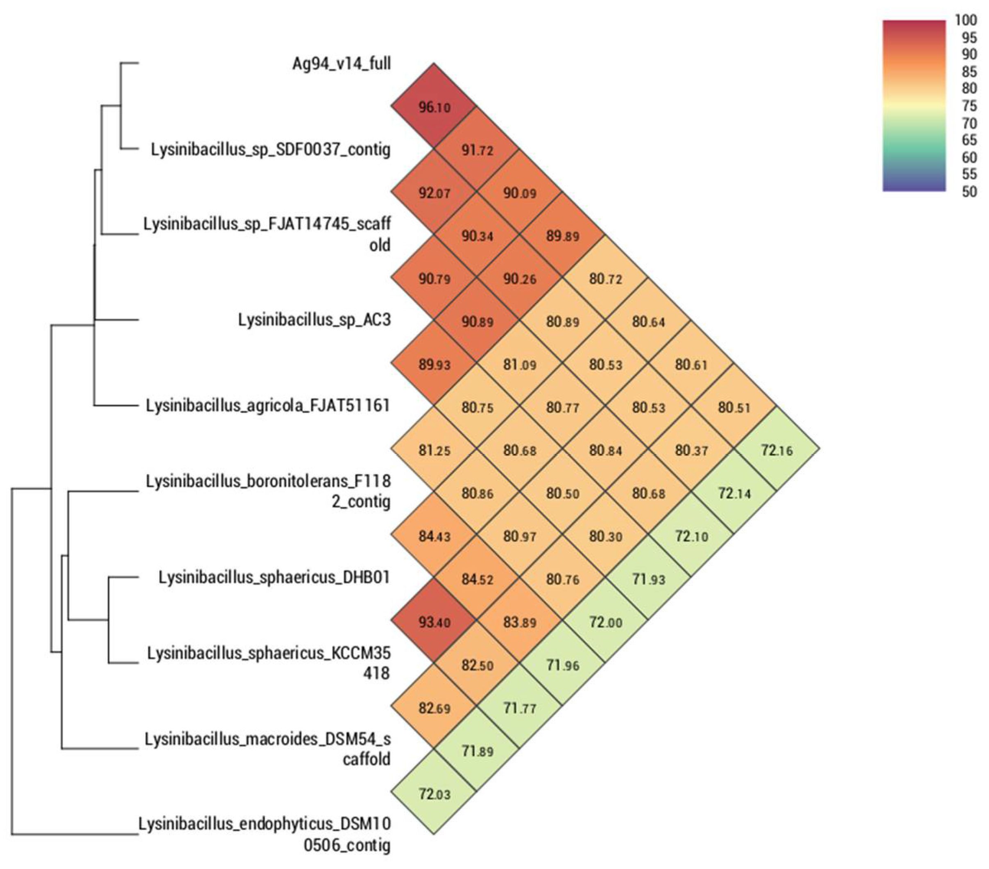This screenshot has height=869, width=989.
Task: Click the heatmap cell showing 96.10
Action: click(x=434, y=107)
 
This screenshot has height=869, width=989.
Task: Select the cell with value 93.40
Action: click(x=434, y=622)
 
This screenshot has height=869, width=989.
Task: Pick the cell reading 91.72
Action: click(x=477, y=150)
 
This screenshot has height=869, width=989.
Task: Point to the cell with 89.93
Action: click(x=434, y=364)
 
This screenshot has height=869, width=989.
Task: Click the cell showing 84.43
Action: click(x=434, y=536)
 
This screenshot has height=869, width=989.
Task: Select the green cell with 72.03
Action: click(x=434, y=794)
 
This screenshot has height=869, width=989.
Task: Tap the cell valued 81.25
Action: click(x=434, y=450)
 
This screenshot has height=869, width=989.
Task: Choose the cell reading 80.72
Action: click(x=605, y=279)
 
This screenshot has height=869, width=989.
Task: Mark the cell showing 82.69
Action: click(x=434, y=708)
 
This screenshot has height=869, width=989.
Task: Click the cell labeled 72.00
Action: click(x=605, y=622)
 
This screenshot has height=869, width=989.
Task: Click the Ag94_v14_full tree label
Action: click(x=342, y=63)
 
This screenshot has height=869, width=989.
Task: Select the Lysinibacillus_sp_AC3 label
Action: click(x=314, y=319)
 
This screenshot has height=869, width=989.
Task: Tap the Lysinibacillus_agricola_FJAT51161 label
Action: click(x=267, y=405)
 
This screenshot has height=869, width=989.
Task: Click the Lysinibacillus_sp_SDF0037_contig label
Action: click(x=270, y=149)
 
